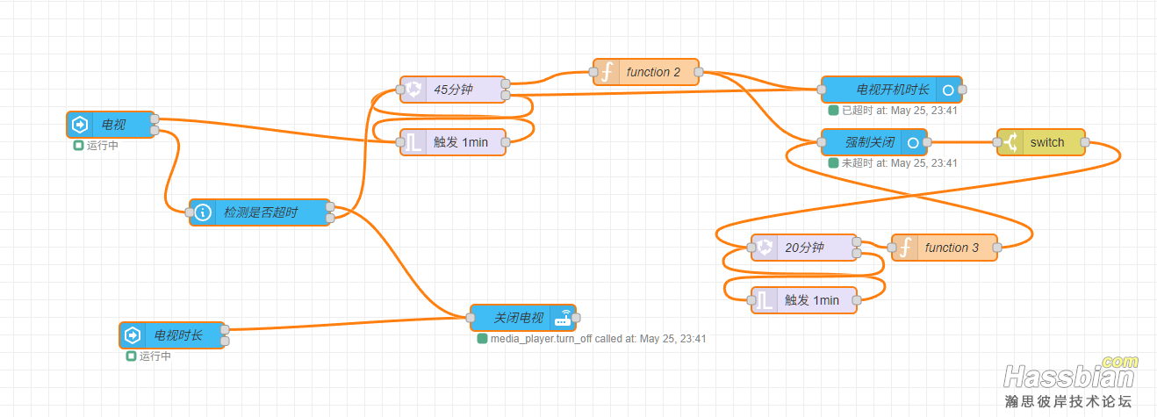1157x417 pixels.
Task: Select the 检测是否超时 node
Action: click(x=260, y=212)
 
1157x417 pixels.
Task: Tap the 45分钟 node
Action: click(x=453, y=90)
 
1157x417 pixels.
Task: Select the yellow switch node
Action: click(x=1041, y=142)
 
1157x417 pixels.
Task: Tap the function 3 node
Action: click(x=945, y=248)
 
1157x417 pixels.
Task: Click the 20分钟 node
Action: click(x=804, y=248)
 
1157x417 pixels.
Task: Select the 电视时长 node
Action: click(x=172, y=335)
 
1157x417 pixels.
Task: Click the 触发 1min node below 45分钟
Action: click(x=453, y=142)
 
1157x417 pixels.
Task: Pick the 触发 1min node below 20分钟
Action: click(x=804, y=300)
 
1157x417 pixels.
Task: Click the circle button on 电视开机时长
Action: click(x=947, y=90)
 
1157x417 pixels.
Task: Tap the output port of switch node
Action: click(x=1085, y=142)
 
